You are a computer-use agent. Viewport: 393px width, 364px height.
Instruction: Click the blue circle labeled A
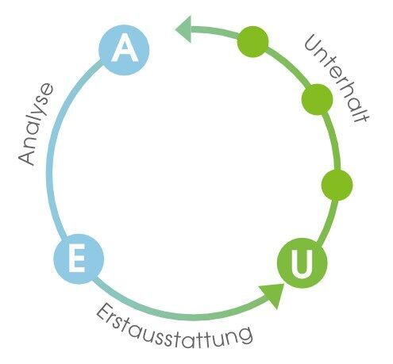click(124, 50)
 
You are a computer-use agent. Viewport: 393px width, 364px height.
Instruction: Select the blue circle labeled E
click(79, 259)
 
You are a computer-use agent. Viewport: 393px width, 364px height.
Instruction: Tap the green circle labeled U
click(302, 263)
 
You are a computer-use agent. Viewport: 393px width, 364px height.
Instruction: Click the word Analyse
click(36, 125)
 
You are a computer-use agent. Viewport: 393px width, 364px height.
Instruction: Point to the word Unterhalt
click(337, 79)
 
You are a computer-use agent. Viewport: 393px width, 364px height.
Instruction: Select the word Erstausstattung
click(173, 327)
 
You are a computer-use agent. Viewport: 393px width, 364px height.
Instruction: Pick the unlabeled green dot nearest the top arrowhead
click(252, 41)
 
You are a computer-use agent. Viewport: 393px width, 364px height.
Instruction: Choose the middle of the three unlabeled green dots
click(317, 100)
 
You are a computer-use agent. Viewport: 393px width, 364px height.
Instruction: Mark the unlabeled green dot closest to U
click(337, 185)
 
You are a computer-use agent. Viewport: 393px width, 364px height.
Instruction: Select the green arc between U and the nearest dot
click(329, 221)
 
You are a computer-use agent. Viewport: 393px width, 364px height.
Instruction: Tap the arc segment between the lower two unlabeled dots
click(333, 141)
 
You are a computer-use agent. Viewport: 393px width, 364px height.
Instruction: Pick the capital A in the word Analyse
click(26, 157)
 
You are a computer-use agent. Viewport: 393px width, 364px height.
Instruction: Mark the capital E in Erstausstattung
click(103, 312)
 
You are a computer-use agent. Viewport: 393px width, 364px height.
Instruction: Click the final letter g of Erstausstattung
click(245, 336)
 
